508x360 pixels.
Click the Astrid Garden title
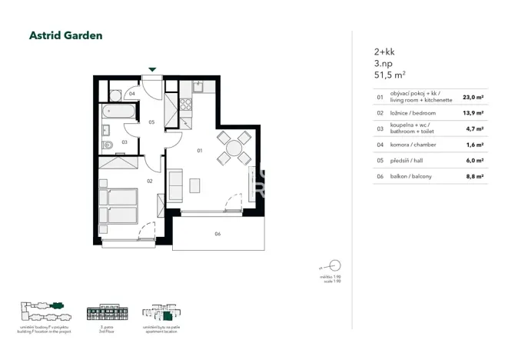[x=65, y=35]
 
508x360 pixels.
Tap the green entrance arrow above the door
[x=152, y=70]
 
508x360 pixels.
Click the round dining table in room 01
[x=233, y=148]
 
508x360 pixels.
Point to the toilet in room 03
[x=108, y=145]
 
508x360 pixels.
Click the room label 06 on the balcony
[x=217, y=234]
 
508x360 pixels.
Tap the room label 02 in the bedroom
[x=150, y=181]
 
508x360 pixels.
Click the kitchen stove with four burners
[x=185, y=102]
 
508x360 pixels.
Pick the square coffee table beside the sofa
[x=194, y=185]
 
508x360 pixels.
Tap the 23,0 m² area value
[x=473, y=98]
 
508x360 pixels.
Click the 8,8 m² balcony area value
[x=473, y=176]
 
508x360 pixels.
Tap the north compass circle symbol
[x=335, y=266]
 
